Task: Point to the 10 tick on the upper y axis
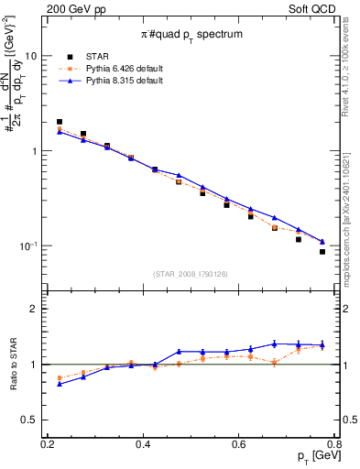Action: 31,56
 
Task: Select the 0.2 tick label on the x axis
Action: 49,443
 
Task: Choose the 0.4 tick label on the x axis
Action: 143,443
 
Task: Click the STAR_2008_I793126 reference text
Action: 191,274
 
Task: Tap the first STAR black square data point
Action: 60,122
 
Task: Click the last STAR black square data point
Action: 322,252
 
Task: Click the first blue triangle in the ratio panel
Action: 60,384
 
